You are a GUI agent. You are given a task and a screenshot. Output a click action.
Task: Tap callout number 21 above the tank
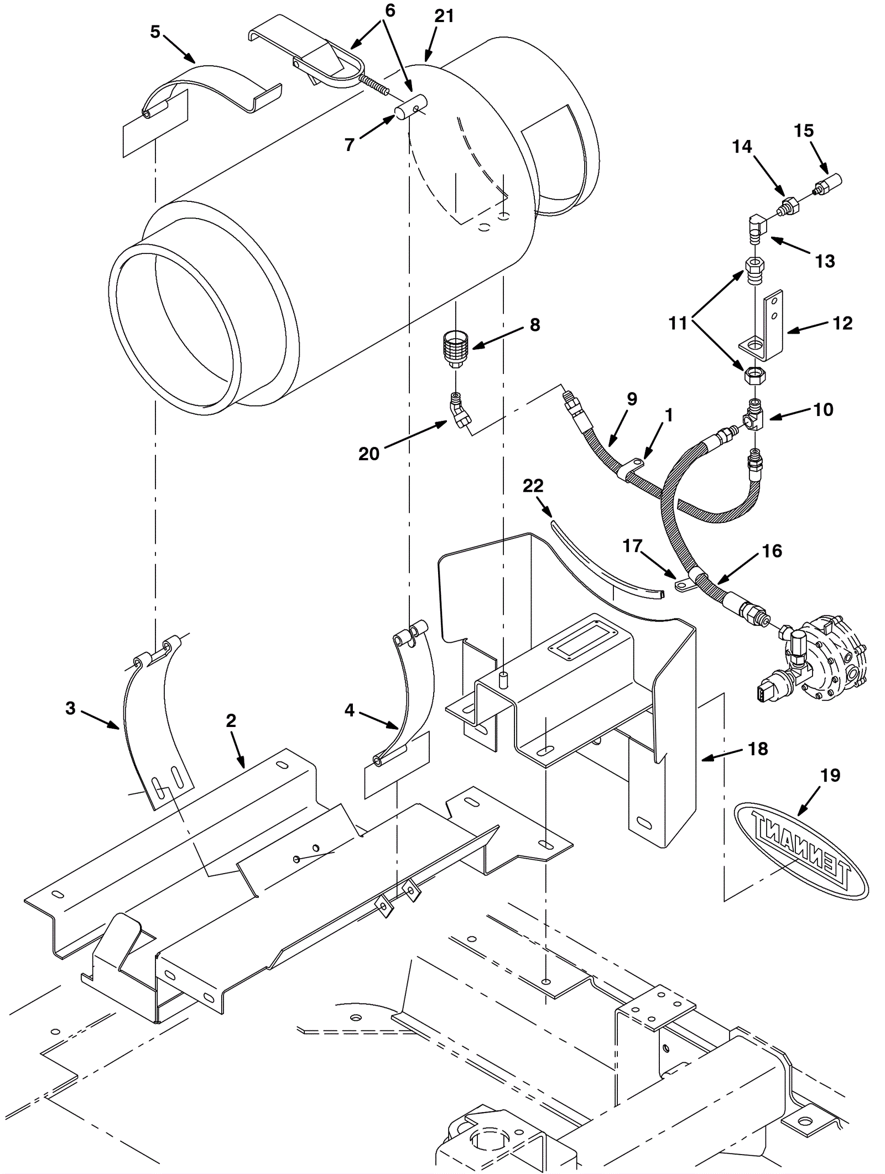coord(444,17)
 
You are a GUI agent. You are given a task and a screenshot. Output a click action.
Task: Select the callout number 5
coord(155,32)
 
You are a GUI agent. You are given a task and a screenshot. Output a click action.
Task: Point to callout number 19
coord(830,775)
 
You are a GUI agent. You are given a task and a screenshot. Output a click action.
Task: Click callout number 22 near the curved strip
coord(533,485)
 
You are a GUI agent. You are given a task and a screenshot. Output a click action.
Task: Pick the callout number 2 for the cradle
coord(231,720)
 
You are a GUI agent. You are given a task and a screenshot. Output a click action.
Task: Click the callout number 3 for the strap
coord(70,708)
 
